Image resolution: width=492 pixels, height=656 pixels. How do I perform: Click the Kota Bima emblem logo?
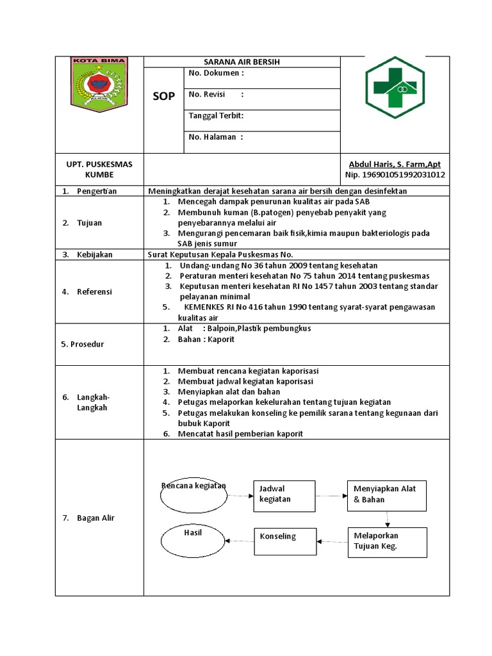(99, 82)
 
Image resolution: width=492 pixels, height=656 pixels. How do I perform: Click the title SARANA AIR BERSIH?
(242, 62)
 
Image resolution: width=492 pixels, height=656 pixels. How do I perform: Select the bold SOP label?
(163, 96)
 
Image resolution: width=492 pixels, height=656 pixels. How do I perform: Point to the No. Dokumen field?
(217, 73)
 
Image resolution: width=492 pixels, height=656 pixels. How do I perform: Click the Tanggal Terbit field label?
(216, 116)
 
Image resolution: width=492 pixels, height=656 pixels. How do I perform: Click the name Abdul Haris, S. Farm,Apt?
(395, 164)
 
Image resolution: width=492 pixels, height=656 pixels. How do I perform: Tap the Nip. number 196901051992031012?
(395, 174)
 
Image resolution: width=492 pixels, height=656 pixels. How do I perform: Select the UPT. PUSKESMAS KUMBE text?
(99, 169)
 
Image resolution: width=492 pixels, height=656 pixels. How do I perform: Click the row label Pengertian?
(97, 192)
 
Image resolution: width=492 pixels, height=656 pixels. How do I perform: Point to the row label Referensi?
(95, 291)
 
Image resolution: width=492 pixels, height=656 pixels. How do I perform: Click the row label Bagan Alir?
(95, 518)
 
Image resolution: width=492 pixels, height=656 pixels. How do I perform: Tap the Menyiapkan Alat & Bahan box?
(386, 494)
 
